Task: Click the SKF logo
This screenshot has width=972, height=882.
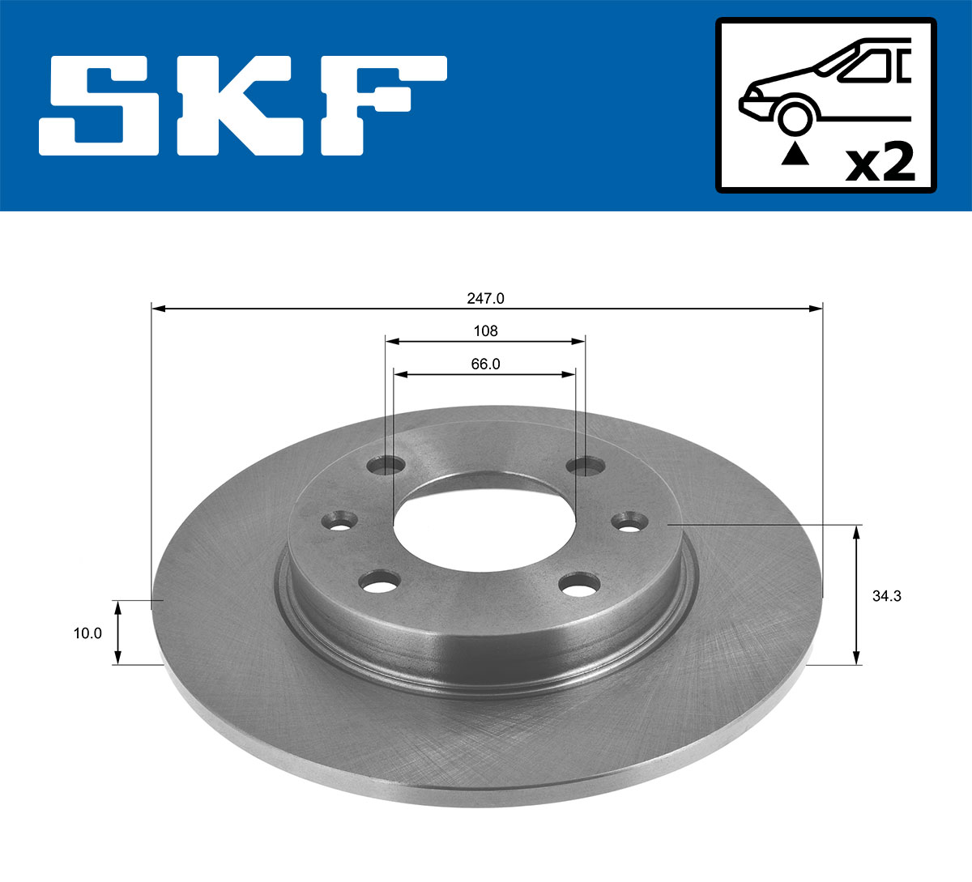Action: click(243, 105)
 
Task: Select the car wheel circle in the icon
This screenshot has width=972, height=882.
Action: click(794, 117)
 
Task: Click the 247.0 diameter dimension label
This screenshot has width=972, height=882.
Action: click(486, 298)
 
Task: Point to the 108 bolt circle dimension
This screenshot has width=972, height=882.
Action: click(485, 330)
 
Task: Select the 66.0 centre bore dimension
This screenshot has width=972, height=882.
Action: click(485, 364)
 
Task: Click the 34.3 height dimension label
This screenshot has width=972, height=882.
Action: click(887, 596)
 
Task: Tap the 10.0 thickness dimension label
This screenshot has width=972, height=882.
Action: click(87, 633)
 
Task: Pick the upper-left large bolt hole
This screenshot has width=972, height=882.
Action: click(386, 466)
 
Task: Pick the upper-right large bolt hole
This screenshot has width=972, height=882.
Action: click(586, 466)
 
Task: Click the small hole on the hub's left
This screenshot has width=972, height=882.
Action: click(339, 521)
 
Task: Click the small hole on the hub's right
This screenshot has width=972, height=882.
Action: click(631, 521)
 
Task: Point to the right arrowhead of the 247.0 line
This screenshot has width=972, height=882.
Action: click(816, 309)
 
